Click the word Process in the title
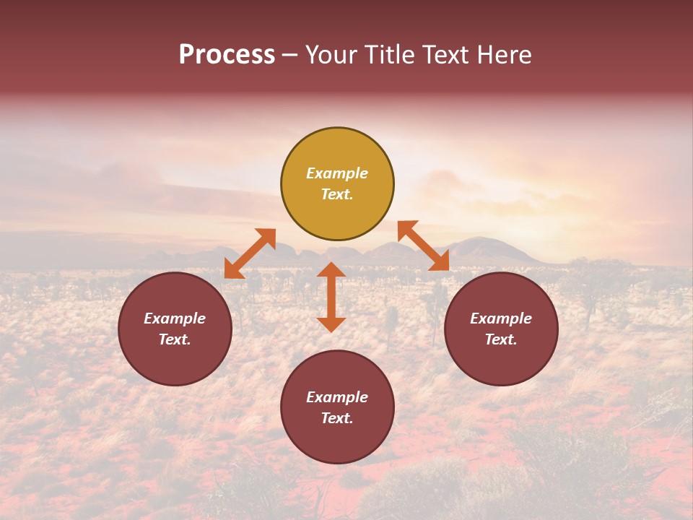[x=227, y=55]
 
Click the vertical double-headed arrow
[x=331, y=297]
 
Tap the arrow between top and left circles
[x=250, y=253]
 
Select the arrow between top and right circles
[x=424, y=246]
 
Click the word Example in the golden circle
[x=337, y=173]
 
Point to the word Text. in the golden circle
[x=337, y=194]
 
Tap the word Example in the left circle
[x=175, y=318]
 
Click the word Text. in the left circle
[x=175, y=339]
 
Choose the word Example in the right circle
[x=501, y=318]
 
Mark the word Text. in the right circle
[x=501, y=339]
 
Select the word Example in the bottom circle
[x=337, y=397]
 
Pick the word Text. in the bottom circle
[x=337, y=418]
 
